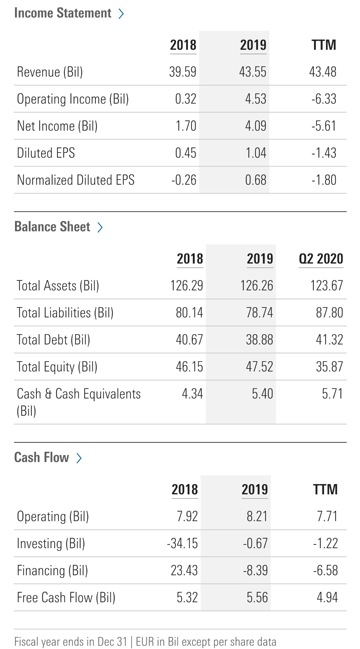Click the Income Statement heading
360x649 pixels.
click(63, 13)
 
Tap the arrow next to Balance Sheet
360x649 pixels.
click(100, 227)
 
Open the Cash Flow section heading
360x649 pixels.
click(42, 457)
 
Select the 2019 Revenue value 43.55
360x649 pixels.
click(253, 72)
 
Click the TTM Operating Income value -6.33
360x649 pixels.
click(324, 99)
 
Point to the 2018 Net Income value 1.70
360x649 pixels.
click(186, 126)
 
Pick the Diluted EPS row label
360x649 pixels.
click(46, 153)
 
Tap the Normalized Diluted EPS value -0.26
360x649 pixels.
click(184, 180)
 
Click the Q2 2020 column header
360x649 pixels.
click(321, 259)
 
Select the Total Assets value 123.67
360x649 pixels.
click(327, 286)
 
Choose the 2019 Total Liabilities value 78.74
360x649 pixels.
click(259, 313)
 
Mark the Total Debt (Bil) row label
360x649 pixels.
click(54, 340)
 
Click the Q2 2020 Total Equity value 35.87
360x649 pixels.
click(329, 367)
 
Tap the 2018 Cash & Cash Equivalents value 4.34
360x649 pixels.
click(192, 394)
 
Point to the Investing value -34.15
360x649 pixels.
click(183, 544)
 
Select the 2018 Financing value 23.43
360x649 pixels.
click(184, 571)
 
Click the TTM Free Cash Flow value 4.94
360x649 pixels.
click(327, 598)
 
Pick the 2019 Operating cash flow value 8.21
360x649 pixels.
click(257, 516)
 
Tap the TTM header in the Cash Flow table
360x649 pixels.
click(325, 490)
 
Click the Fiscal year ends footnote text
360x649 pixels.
click(145, 642)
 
